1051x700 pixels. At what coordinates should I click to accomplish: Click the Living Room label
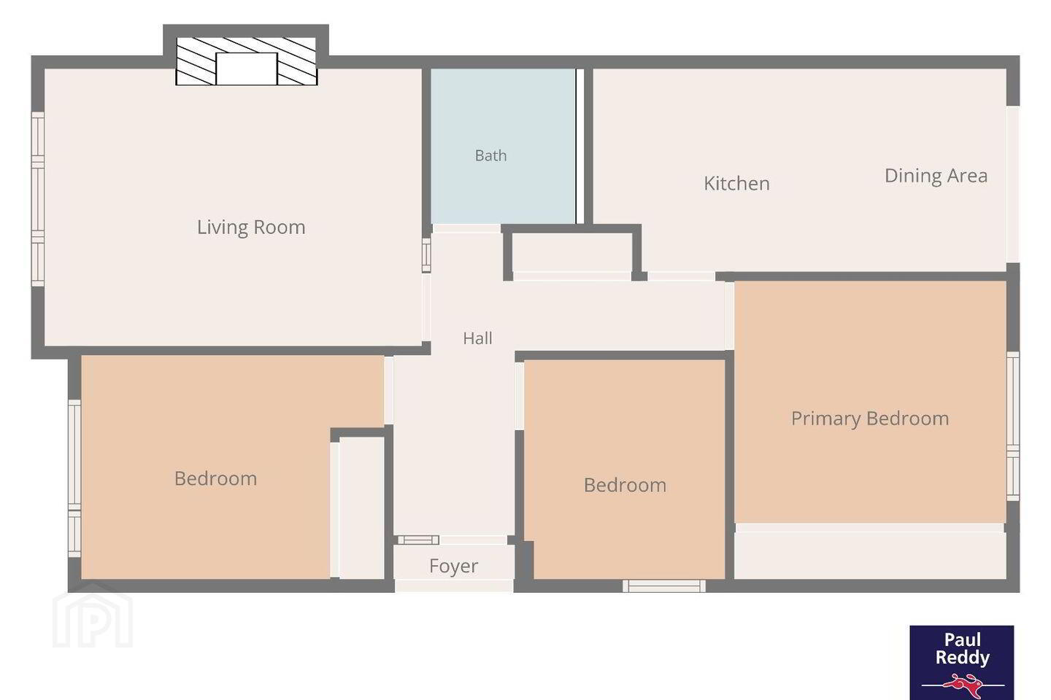pos(251,227)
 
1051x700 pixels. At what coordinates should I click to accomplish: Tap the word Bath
pos(490,155)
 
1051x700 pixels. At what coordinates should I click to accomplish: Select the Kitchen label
pos(736,183)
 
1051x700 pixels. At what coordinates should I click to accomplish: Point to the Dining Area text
pos(936,176)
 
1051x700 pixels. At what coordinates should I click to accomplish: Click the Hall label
pos(477,338)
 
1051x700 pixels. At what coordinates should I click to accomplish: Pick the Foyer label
pos(454,566)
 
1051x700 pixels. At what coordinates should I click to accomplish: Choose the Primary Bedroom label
pos(870,419)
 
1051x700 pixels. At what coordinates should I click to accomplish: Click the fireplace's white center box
pos(247,69)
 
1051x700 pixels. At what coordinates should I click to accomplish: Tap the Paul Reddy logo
pos(962,663)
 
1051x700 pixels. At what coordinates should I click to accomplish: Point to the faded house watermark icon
pos(93,615)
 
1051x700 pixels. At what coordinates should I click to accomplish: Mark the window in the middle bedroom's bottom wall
pos(664,586)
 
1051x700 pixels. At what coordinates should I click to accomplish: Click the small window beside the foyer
pos(418,540)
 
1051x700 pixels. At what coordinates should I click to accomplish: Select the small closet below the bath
pos(572,253)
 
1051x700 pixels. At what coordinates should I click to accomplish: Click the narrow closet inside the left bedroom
pos(362,509)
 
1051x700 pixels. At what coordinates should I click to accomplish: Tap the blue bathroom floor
pos(503,147)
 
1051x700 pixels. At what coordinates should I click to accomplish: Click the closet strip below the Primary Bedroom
pos(870,556)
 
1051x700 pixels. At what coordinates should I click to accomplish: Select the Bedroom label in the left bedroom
pos(216,479)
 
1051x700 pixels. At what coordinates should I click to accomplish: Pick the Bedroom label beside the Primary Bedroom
pos(625,486)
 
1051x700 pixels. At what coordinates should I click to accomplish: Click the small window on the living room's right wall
pos(426,255)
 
